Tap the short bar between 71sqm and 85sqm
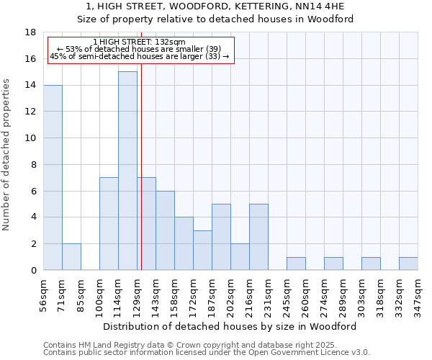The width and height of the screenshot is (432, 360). point(71,257)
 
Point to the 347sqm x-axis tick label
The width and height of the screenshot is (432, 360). point(418,294)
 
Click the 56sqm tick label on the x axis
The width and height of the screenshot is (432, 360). point(43,294)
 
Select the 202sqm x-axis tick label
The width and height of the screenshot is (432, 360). point(230,294)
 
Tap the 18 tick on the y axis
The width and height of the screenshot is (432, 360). point(31,32)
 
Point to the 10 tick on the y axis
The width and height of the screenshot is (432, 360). point(31,138)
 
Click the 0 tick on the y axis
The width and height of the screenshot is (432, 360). point(34,271)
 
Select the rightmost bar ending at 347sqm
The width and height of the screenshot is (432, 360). point(408,264)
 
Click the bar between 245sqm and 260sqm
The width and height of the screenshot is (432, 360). point(296,264)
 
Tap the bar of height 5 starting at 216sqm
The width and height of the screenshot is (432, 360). point(258,237)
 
